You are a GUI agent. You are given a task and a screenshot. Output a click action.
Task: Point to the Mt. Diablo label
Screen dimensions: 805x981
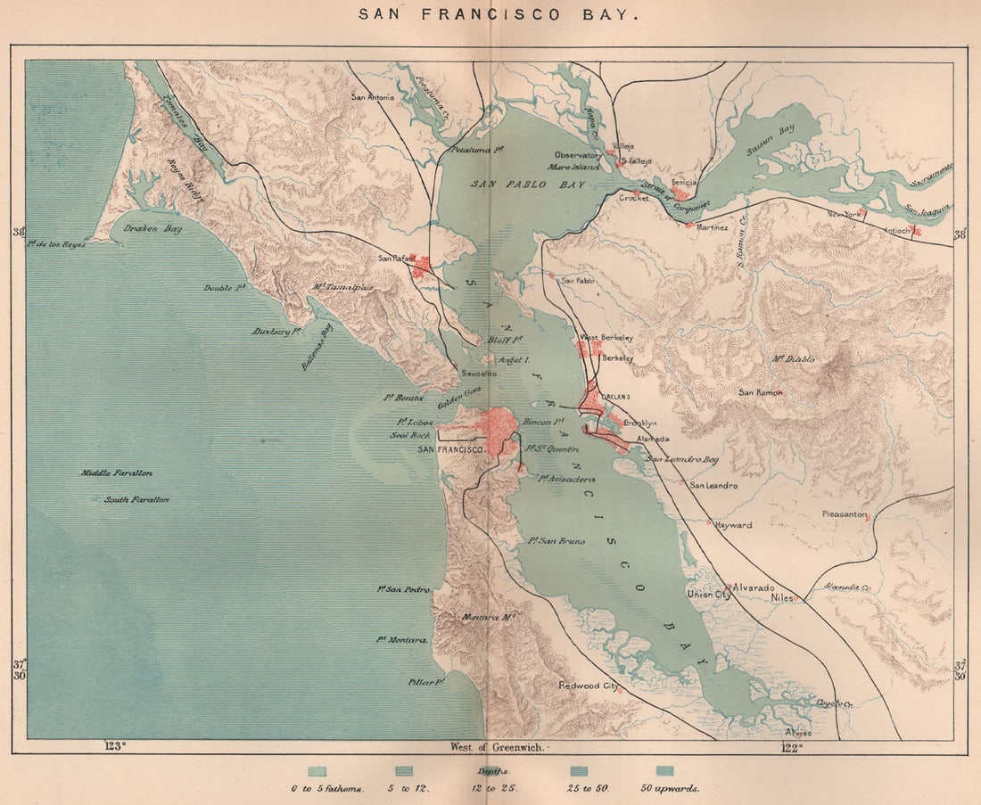[793, 358]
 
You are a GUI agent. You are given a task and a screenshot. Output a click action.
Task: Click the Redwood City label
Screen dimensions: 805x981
[589, 686]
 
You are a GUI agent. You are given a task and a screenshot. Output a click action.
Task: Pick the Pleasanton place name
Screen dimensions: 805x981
[844, 514]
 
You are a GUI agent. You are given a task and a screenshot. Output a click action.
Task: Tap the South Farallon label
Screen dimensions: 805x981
[136, 500]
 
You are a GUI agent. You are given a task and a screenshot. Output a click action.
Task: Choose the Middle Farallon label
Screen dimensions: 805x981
[117, 473]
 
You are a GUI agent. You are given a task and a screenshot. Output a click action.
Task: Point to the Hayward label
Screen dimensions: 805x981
[732, 526]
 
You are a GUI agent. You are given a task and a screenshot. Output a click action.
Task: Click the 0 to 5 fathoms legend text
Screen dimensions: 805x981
[326, 788]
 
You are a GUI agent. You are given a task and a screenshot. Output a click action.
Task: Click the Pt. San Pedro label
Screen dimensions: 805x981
[404, 589]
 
